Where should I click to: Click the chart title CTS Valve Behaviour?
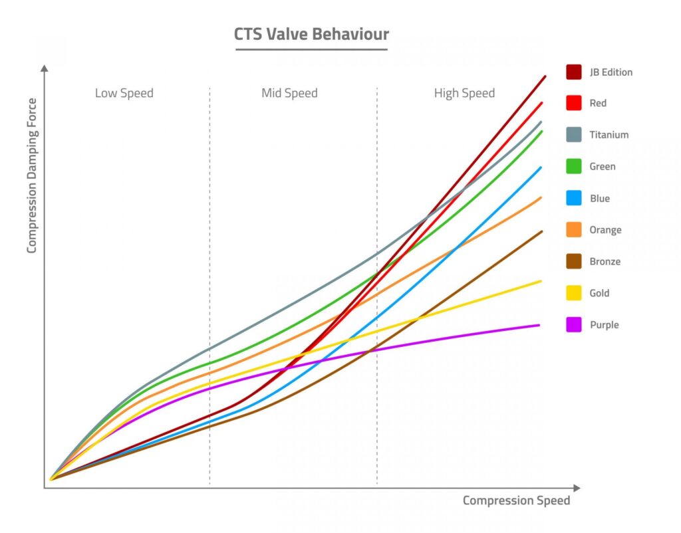(311, 35)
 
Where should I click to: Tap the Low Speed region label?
(124, 93)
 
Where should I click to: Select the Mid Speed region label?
(289, 93)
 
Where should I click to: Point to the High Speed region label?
(464, 93)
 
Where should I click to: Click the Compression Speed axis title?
(516, 500)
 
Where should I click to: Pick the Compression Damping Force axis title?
(32, 175)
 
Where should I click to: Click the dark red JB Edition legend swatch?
(574, 72)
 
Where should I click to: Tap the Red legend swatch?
(574, 103)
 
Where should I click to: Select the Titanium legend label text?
(609, 135)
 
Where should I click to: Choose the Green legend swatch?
(574, 166)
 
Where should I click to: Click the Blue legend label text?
(599, 198)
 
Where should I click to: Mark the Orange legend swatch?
(574, 230)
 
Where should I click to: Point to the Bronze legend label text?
(605, 261)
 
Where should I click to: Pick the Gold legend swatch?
(574, 293)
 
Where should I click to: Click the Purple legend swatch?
(574, 325)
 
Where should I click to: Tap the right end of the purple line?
(538, 325)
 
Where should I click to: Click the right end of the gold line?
(540, 281)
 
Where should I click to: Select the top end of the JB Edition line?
(545, 76)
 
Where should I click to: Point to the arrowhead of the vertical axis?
(45, 68)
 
